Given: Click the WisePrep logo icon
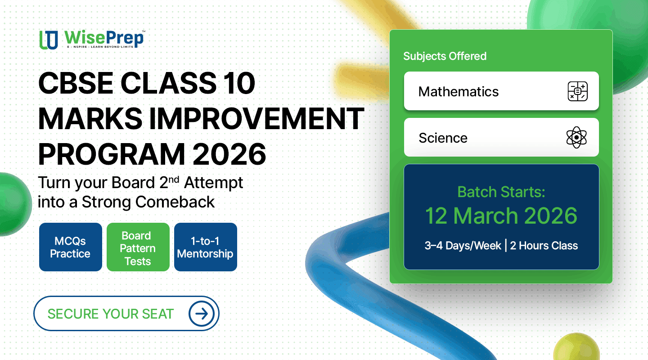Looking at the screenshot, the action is [x=49, y=40].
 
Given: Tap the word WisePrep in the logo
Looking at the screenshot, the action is [x=104, y=38].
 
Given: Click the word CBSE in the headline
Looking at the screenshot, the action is [x=75, y=83].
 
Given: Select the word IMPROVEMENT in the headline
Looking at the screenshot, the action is [x=256, y=118].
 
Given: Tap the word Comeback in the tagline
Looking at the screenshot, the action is [x=175, y=202].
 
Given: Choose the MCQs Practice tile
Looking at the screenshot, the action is [x=71, y=247].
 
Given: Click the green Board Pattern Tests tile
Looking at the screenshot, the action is [x=138, y=247].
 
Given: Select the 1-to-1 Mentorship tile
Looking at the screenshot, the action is [x=206, y=247].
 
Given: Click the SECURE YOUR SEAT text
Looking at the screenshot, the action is [x=111, y=314].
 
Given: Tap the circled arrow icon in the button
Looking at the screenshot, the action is [x=202, y=313].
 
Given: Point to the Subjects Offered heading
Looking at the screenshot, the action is [x=445, y=56].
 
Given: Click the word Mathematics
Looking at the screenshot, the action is [x=458, y=91].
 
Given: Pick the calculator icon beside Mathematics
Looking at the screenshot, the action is [x=577, y=91].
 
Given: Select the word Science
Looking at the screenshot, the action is [x=443, y=138].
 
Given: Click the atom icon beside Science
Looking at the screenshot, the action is [x=576, y=137].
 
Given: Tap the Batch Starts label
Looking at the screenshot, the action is [x=501, y=192].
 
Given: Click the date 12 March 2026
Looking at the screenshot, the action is [x=501, y=216].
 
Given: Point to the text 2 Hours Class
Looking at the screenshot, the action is [x=544, y=246].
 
